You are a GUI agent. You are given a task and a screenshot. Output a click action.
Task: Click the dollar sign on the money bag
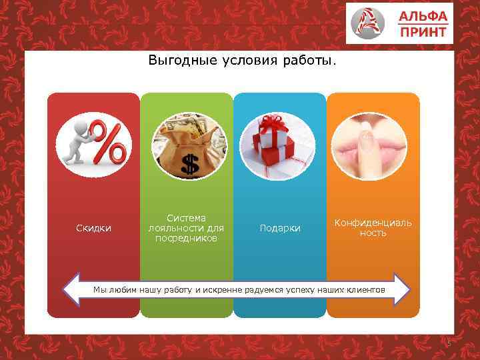[189, 164]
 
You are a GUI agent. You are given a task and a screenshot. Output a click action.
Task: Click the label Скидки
[93, 229]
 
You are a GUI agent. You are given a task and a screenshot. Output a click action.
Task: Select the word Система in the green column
[186, 218]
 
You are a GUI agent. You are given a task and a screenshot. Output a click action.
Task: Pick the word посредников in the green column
[186, 238]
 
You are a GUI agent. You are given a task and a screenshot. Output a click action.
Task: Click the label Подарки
[279, 229]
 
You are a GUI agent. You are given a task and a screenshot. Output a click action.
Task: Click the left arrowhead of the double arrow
[72, 289]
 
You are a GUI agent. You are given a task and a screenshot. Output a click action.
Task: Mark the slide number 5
[448, 344]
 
